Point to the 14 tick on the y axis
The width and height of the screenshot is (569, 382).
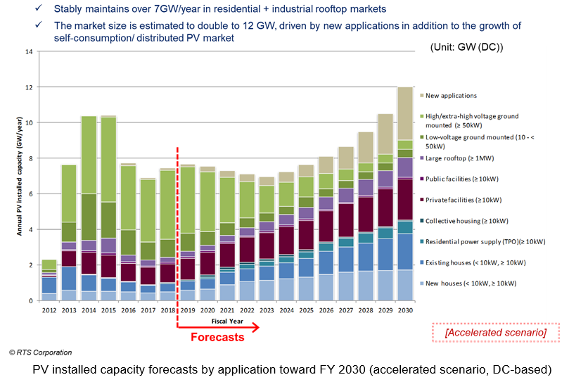tap(29, 52)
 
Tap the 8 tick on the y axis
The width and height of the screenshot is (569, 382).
tap(30, 158)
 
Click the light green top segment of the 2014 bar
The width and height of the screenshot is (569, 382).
tap(89, 155)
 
